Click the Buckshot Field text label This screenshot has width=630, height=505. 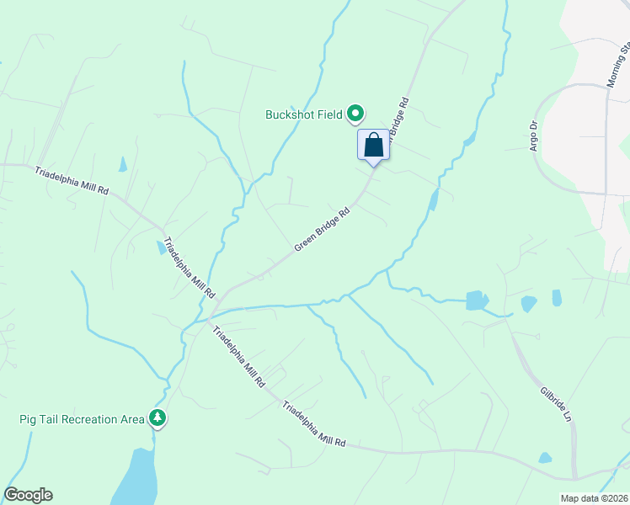tap(304, 114)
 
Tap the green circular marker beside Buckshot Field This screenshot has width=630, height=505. tap(355, 113)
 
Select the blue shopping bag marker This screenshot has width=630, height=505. tap(374, 145)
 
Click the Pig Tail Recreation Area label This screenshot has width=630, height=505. tap(81, 418)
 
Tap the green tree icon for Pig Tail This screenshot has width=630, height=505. tap(157, 417)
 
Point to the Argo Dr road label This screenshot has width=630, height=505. tap(533, 136)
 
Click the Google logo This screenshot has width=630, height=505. tap(29, 495)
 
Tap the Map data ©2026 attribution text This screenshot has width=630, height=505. tap(594, 498)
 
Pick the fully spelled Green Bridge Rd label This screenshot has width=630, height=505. tap(322, 230)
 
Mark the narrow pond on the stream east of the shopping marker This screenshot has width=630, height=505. tap(433, 200)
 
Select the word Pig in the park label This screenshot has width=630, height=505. tap(29, 418)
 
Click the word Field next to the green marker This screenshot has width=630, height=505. tap(330, 114)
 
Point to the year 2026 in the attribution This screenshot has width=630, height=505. tap(615, 498)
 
